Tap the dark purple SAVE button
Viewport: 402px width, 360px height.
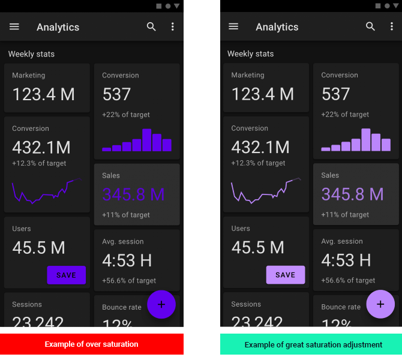[x=67, y=275]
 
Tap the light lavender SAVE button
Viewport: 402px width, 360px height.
[x=286, y=275]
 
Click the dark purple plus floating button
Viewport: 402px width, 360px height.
[x=161, y=304]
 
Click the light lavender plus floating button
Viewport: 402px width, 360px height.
[x=380, y=304]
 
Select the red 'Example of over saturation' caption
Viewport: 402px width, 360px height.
[x=91, y=344]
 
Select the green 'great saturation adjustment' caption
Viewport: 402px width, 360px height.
[x=313, y=344]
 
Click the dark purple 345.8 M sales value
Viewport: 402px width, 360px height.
[x=133, y=194]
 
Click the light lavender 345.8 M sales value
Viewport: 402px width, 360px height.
[x=352, y=194]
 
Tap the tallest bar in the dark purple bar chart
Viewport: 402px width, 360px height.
[x=147, y=140]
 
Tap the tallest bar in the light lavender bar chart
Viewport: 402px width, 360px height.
[x=366, y=140]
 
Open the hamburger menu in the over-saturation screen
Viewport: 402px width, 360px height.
[x=14, y=27]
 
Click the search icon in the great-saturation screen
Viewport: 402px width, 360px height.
[x=371, y=26]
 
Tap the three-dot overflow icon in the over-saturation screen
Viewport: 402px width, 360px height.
[x=173, y=27]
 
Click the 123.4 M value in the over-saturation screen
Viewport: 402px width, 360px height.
[x=43, y=94]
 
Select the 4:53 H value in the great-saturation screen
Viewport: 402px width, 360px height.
[x=346, y=260]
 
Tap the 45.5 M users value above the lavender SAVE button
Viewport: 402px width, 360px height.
[x=258, y=247]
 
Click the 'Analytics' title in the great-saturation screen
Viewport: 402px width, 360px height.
[x=277, y=27]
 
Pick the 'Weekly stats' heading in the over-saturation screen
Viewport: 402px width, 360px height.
[x=31, y=54]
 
